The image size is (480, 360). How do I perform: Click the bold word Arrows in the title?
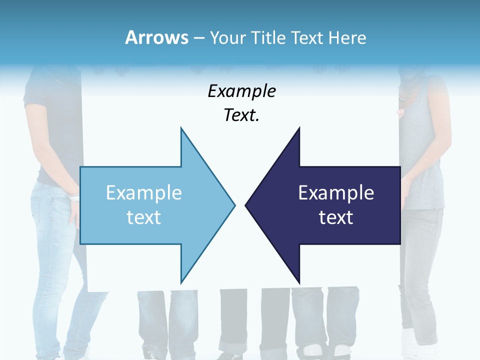pyautogui.click(x=157, y=38)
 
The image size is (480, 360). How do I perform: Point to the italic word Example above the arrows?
pyautogui.click(x=241, y=91)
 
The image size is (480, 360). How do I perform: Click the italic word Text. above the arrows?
pyautogui.click(x=241, y=115)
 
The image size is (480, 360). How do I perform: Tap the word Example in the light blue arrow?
pyautogui.click(x=143, y=193)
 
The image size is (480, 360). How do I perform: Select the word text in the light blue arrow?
pyautogui.click(x=143, y=217)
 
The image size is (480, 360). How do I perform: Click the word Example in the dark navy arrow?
pyautogui.click(x=336, y=193)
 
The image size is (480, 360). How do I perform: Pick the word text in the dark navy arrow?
pyautogui.click(x=336, y=217)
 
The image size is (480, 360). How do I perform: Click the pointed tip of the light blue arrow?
pyautogui.click(x=234, y=205)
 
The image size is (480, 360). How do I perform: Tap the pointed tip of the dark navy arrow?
pyautogui.click(x=245, y=205)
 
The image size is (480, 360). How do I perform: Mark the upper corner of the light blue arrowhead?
pyautogui.click(x=181, y=128)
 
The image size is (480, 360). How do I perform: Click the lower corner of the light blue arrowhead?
pyautogui.click(x=181, y=282)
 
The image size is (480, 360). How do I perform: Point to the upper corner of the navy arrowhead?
pyautogui.click(x=299, y=128)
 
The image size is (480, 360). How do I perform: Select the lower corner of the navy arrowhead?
pyautogui.click(x=299, y=282)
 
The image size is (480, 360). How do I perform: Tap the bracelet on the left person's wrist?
pyautogui.click(x=74, y=198)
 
